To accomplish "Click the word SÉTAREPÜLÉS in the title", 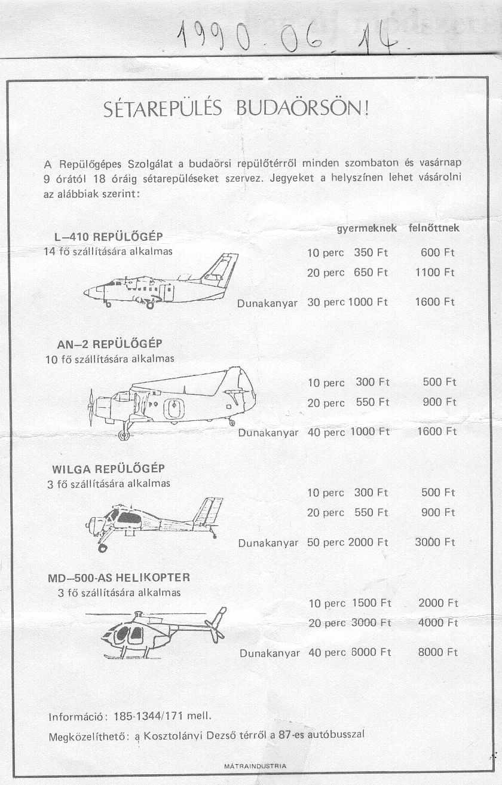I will (x=155, y=109).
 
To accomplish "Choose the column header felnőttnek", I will (x=434, y=228).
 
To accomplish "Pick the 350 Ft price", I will (x=371, y=253).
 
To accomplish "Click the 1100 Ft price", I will (x=435, y=273).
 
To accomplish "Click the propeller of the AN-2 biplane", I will (x=91, y=407).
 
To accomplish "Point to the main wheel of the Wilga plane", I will (x=102, y=547).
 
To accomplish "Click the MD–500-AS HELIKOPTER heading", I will (x=118, y=578).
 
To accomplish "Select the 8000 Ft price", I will (x=438, y=653).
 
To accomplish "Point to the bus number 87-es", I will (x=295, y=735).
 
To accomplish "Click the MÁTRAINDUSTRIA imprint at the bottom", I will (x=255, y=766).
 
